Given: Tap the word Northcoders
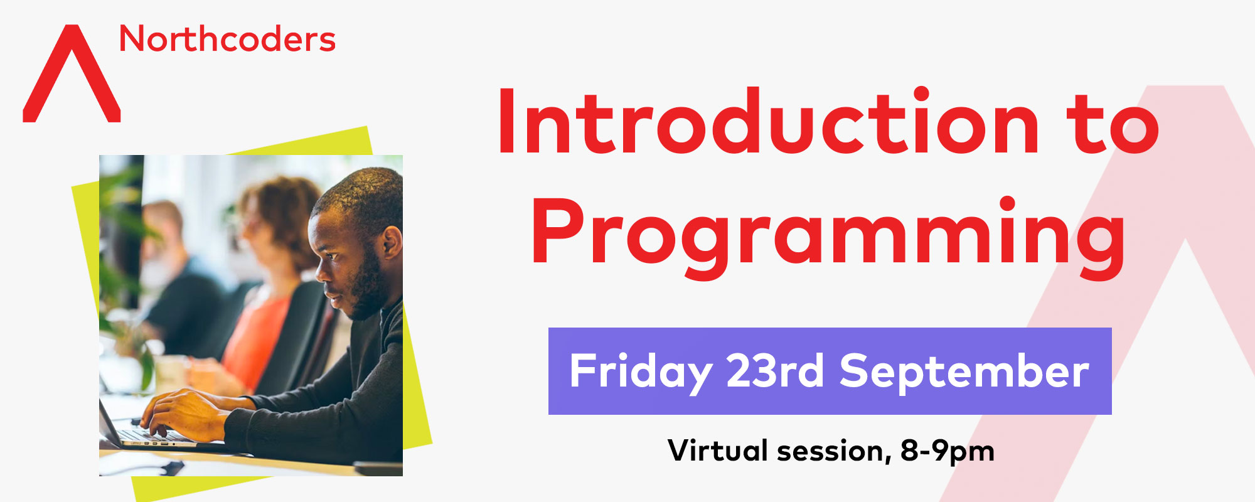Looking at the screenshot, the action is coord(227,39).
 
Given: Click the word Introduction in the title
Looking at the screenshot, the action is coord(768,121).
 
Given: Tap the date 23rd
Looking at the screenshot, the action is coord(774,370).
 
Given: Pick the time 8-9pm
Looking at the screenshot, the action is coord(948,451).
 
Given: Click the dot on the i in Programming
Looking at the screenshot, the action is coord(1008,205).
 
